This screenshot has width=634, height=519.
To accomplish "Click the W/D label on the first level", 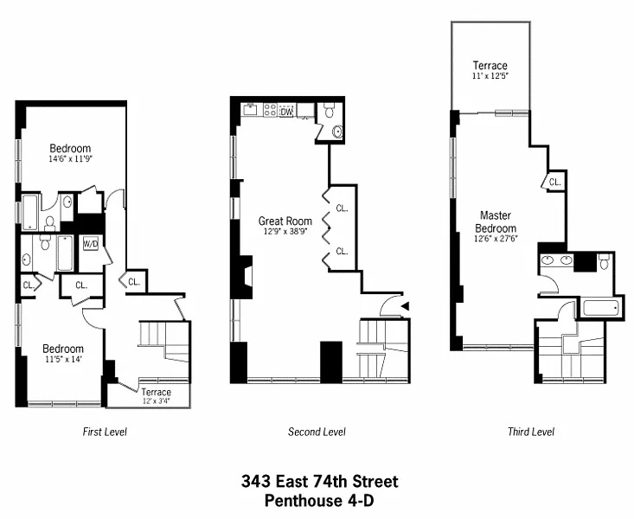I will (x=91, y=244).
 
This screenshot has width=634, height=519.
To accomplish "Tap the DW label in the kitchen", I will (x=286, y=111).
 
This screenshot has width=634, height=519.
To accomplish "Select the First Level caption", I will (x=105, y=432).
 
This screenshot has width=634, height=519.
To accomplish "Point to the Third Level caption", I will (x=530, y=432).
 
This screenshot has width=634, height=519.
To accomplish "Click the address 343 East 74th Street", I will (x=317, y=482).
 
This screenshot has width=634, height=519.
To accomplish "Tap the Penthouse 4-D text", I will (x=317, y=499).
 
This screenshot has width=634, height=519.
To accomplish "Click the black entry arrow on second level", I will (x=404, y=304).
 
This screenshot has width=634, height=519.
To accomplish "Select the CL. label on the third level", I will (x=554, y=183).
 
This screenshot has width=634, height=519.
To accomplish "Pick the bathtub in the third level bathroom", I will (x=599, y=307).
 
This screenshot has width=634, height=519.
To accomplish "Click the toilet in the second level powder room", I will (x=330, y=111).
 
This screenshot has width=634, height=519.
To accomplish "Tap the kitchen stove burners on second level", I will (x=268, y=111).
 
